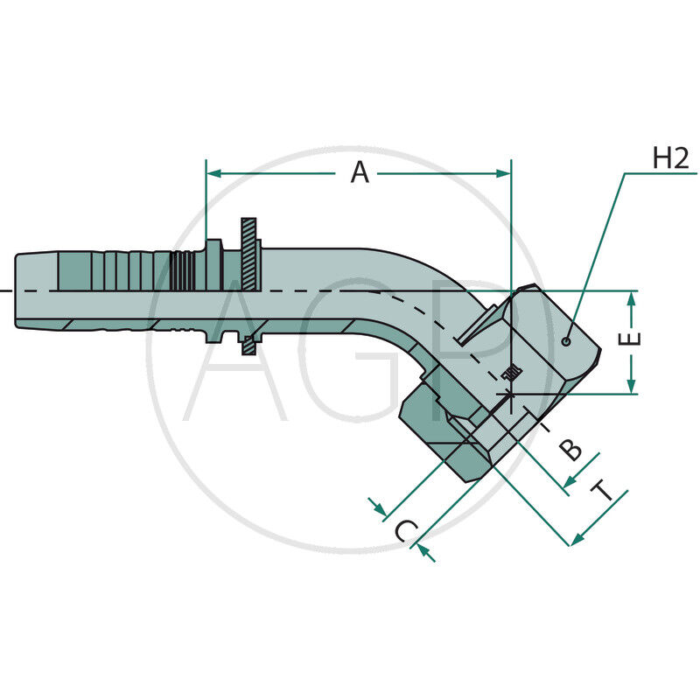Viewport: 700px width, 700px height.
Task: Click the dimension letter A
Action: point(360,173)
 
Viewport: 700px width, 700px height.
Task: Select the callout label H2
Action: point(671,158)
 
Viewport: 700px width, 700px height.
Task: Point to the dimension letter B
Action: point(570,450)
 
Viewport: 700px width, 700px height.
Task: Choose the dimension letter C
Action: point(404,531)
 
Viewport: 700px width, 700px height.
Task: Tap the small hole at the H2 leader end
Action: point(568,340)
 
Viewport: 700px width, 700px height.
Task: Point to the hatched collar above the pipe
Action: point(249,254)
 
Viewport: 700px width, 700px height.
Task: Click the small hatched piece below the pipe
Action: point(249,346)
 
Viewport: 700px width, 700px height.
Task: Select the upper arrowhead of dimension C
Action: point(378,507)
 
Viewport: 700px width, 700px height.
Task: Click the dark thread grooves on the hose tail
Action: point(182,271)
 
